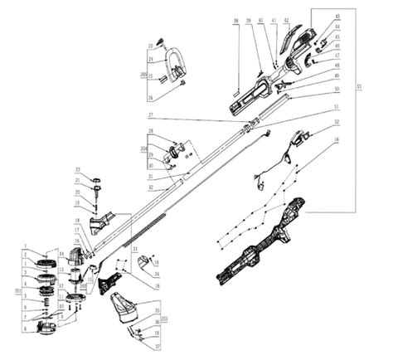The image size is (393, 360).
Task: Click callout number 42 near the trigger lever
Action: coord(286,19)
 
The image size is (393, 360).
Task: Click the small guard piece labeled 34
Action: coord(145,263)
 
